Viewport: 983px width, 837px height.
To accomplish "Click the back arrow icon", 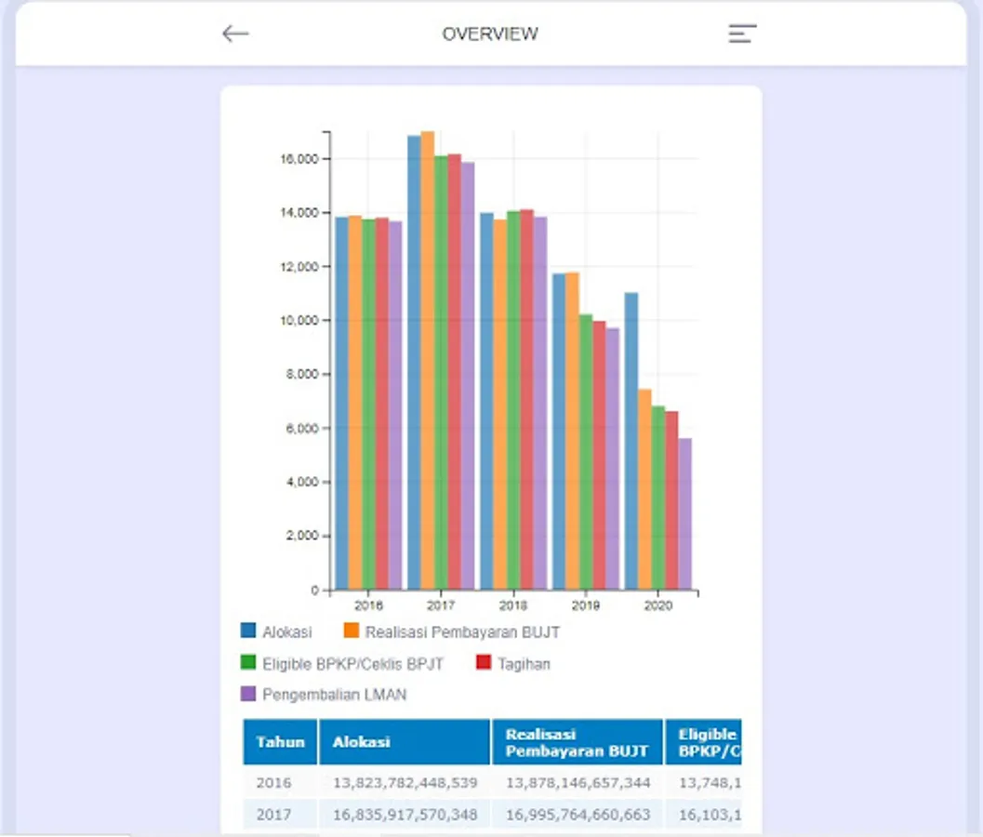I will [235, 34].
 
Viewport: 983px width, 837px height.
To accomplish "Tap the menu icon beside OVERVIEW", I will [742, 34].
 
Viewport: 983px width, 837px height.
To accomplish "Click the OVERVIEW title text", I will [490, 34].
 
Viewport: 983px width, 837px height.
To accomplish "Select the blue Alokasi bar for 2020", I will [631, 441].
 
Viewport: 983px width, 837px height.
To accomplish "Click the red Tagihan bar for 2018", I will [526, 399].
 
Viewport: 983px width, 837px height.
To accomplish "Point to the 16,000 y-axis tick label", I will [300, 159].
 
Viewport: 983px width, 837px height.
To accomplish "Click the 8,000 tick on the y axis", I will [303, 375].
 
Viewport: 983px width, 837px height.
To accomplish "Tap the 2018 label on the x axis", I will [513, 605].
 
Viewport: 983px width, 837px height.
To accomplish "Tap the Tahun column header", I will [280, 742].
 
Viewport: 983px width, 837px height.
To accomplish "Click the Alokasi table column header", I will [404, 742].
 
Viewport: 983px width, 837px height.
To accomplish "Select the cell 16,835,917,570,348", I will [405, 815].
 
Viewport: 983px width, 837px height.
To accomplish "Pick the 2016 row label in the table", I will [273, 783].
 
